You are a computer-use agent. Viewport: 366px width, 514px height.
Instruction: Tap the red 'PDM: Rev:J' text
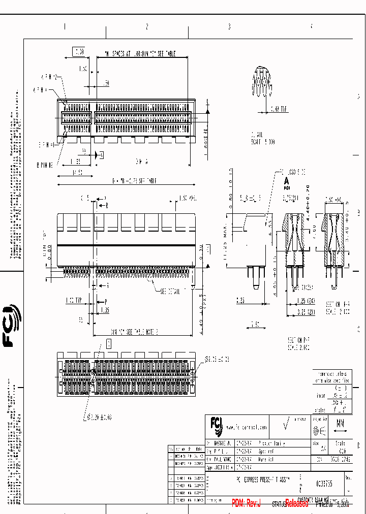(x=246, y=503)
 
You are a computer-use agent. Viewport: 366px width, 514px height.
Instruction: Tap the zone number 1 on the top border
(x=65, y=27)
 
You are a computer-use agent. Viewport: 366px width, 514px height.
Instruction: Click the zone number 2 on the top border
(x=147, y=27)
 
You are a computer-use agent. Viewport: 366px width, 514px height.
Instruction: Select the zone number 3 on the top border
(x=229, y=27)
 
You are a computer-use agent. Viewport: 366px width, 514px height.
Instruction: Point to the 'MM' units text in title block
(x=340, y=423)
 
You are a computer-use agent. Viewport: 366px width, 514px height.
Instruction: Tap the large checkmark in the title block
(x=286, y=426)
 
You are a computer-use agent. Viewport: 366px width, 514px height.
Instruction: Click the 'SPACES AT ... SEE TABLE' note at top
(x=140, y=53)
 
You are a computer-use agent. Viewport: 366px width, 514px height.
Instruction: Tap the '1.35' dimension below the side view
(x=105, y=309)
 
